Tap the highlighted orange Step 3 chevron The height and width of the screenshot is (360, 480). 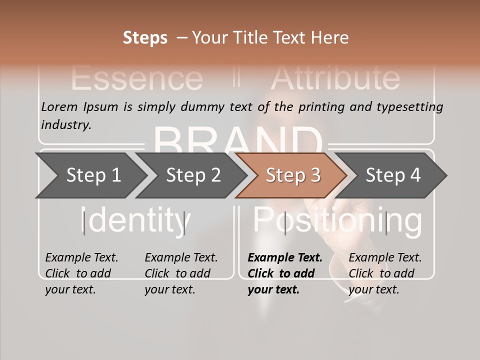click(x=292, y=175)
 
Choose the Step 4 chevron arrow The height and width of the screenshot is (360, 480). click(x=392, y=175)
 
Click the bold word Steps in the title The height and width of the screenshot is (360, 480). click(x=145, y=38)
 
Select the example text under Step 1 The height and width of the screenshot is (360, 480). click(x=81, y=273)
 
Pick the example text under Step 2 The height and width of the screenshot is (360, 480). click(x=181, y=273)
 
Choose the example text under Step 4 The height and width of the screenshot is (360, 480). click(x=385, y=273)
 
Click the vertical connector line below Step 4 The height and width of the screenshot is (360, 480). click(x=386, y=223)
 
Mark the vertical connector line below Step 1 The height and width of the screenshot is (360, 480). click(x=84, y=223)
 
